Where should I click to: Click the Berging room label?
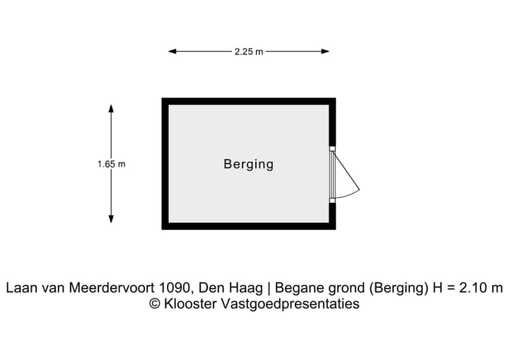click(x=248, y=164)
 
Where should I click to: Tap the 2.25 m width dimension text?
click(x=249, y=52)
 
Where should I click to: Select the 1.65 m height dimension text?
click(x=112, y=164)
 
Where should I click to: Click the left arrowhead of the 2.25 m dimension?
click(x=172, y=52)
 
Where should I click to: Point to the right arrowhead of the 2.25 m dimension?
click(x=325, y=52)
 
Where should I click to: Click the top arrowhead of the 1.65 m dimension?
click(x=112, y=108)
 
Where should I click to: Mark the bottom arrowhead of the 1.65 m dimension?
click(x=112, y=219)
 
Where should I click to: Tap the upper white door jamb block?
click(x=332, y=149)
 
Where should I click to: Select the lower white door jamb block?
click(x=332, y=200)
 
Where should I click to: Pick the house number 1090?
click(x=175, y=288)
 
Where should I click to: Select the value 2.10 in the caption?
click(x=472, y=288)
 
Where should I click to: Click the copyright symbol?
click(x=155, y=304)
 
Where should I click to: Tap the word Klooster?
click(x=190, y=304)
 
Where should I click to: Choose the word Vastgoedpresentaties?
click(x=290, y=304)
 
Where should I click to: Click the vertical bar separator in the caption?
click(x=268, y=288)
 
